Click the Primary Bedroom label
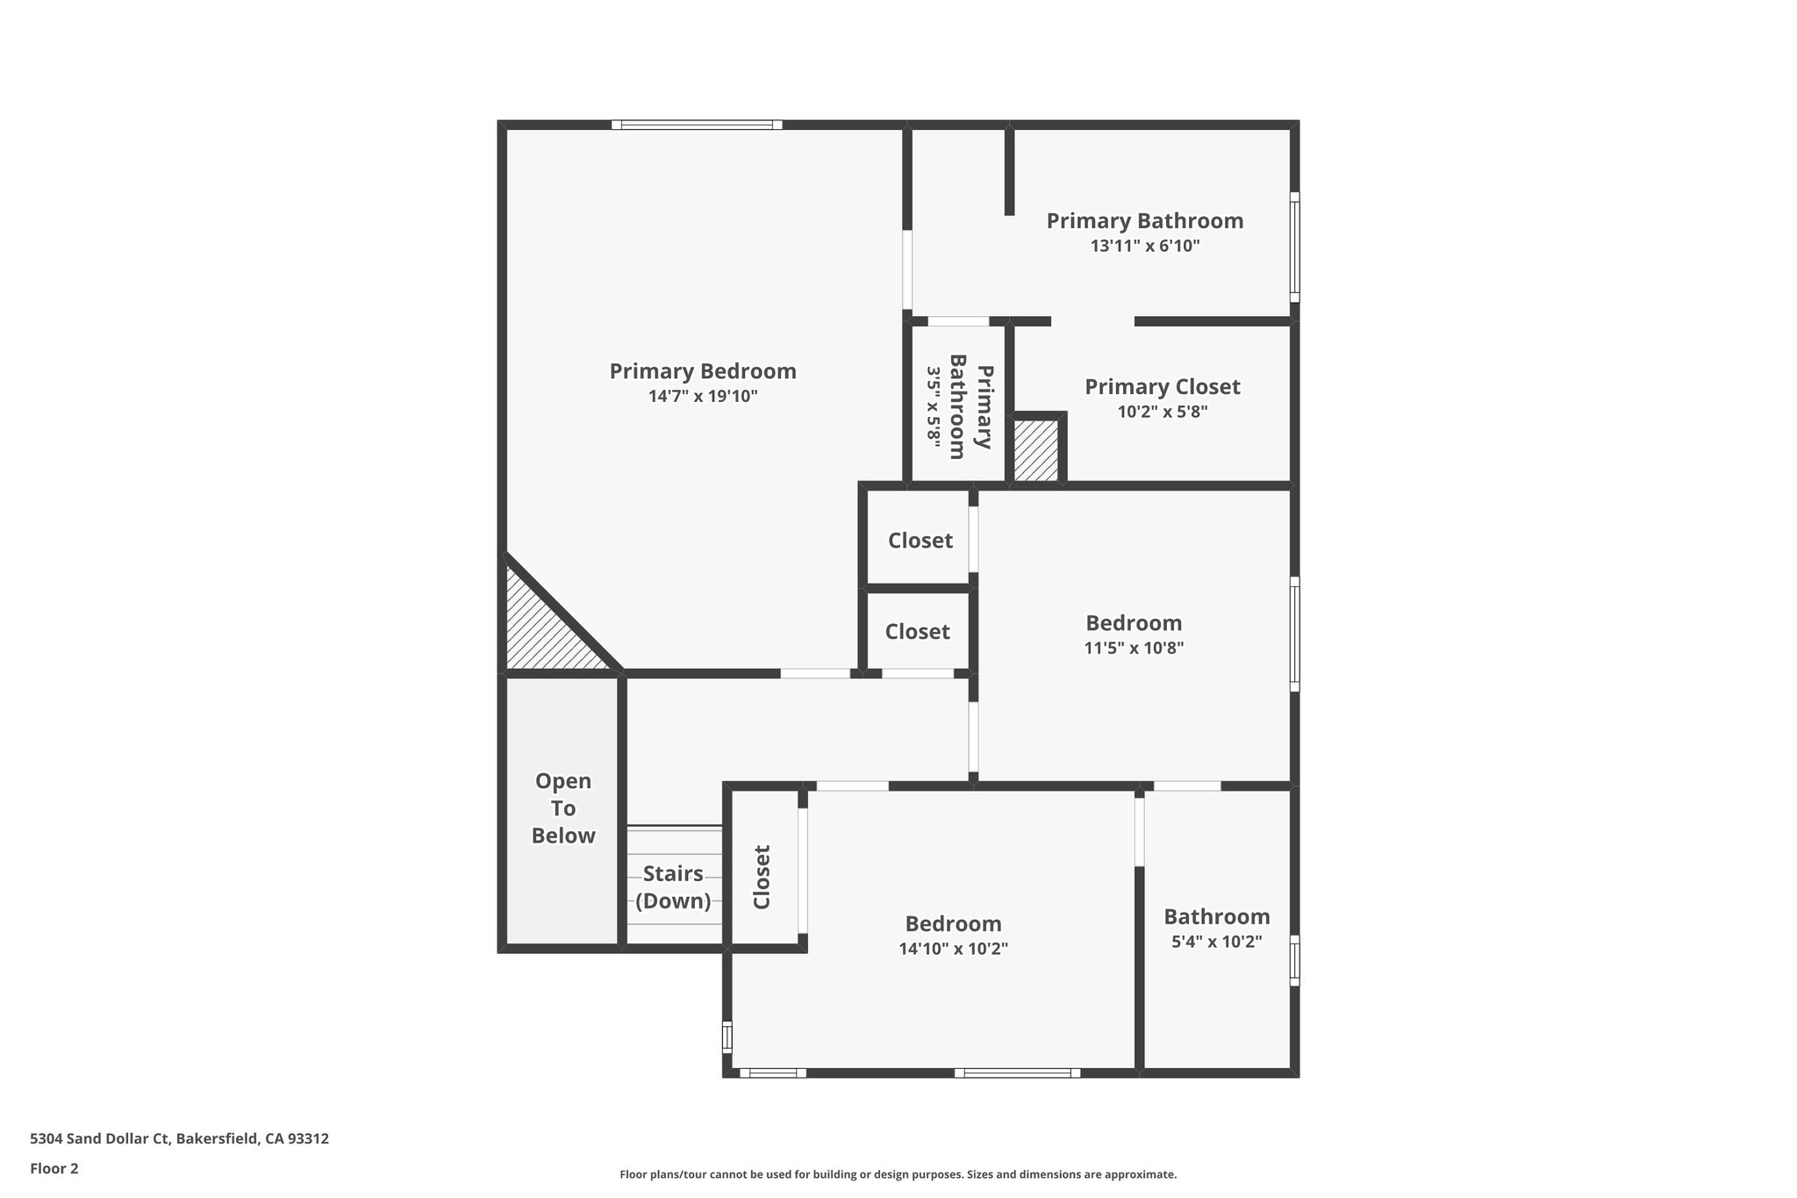click(x=703, y=371)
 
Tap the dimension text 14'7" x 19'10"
click(x=703, y=397)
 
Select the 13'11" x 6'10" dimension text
click(x=1145, y=246)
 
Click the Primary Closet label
click(x=1163, y=387)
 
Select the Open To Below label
click(x=563, y=808)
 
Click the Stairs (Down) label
click(x=673, y=887)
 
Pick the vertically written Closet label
click(x=762, y=877)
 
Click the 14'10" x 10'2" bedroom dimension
click(x=953, y=949)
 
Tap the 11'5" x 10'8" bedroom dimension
click(x=1134, y=649)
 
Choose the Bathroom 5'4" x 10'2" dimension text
click(x=1217, y=942)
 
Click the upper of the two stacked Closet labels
click(x=920, y=541)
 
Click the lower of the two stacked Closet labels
click(x=917, y=632)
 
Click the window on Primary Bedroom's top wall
click(x=697, y=125)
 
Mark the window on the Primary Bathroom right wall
click(x=1294, y=247)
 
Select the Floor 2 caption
click(x=54, y=1168)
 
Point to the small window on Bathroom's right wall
click(x=1294, y=960)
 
